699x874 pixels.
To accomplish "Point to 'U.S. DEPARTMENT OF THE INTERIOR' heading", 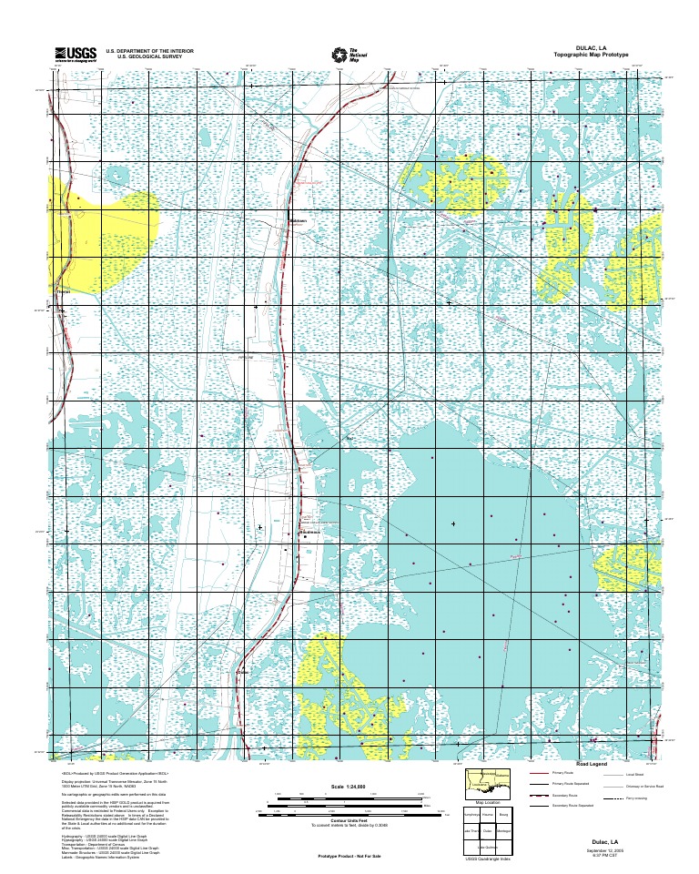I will click(x=149, y=51).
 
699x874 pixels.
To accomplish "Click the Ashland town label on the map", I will click(x=298, y=221).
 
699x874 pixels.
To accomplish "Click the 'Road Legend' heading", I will click(x=596, y=764).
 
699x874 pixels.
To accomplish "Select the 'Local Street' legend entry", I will click(x=634, y=774).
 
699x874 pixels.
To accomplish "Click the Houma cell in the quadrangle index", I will click(x=488, y=816).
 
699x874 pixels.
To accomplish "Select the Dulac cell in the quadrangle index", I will click(x=488, y=830).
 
